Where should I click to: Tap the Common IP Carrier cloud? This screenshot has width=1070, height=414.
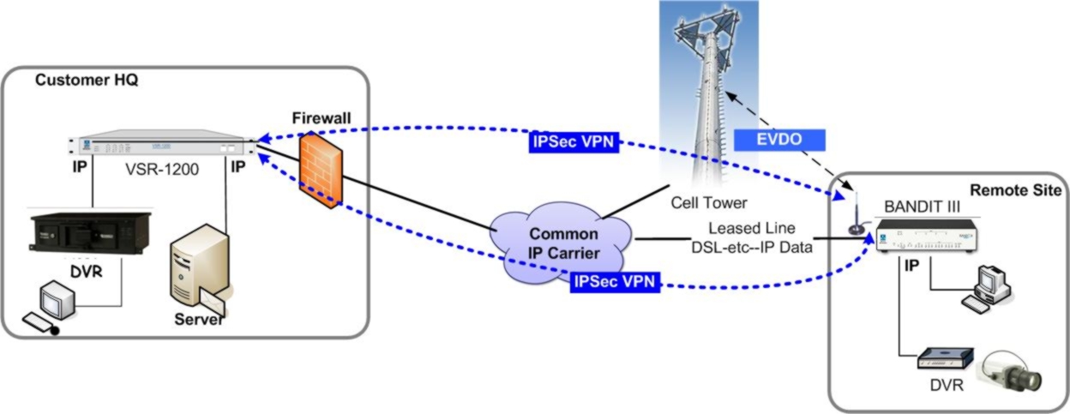pyautogui.click(x=562, y=242)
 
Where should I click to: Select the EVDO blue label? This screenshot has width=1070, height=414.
pyautogui.click(x=779, y=140)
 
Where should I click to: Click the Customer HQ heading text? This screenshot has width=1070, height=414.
pyautogui.click(x=87, y=81)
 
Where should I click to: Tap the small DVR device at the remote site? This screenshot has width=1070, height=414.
pyautogui.click(x=945, y=358)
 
